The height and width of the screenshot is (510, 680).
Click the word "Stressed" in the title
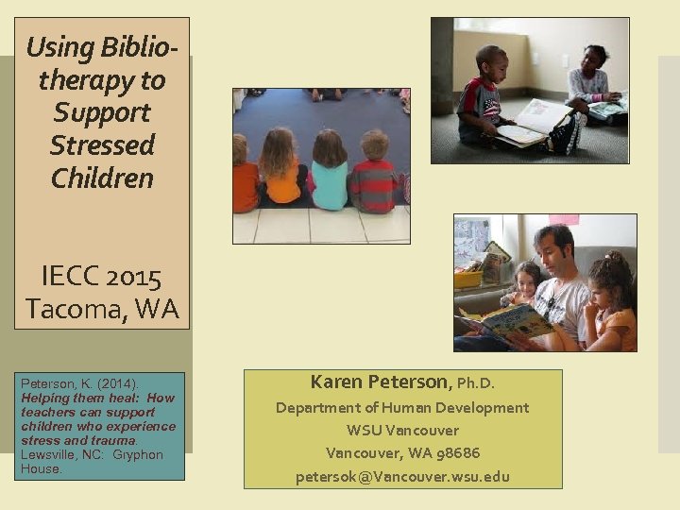[102, 145]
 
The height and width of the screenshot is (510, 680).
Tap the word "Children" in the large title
[102, 178]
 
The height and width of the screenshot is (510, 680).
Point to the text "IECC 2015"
[102, 278]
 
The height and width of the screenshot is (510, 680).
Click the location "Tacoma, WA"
[102, 308]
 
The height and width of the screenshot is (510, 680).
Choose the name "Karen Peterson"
[381, 382]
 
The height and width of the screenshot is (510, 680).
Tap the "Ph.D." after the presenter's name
[476, 383]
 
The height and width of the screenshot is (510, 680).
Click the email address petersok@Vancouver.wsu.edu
[402, 476]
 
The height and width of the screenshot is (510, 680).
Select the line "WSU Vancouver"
[402, 431]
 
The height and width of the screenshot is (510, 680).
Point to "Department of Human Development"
[402, 408]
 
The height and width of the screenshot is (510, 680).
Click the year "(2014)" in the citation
[116, 384]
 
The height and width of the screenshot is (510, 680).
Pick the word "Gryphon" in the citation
[138, 454]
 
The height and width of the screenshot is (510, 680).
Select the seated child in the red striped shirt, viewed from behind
[376, 175]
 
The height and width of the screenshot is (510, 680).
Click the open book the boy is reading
[529, 124]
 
